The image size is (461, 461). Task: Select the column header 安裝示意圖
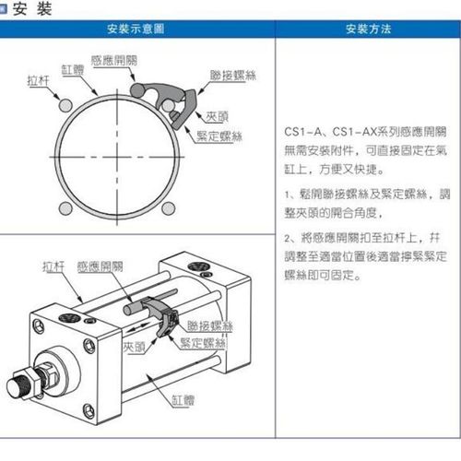(139, 30)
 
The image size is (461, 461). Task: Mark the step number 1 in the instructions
(289, 195)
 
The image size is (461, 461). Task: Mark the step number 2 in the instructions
(289, 237)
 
